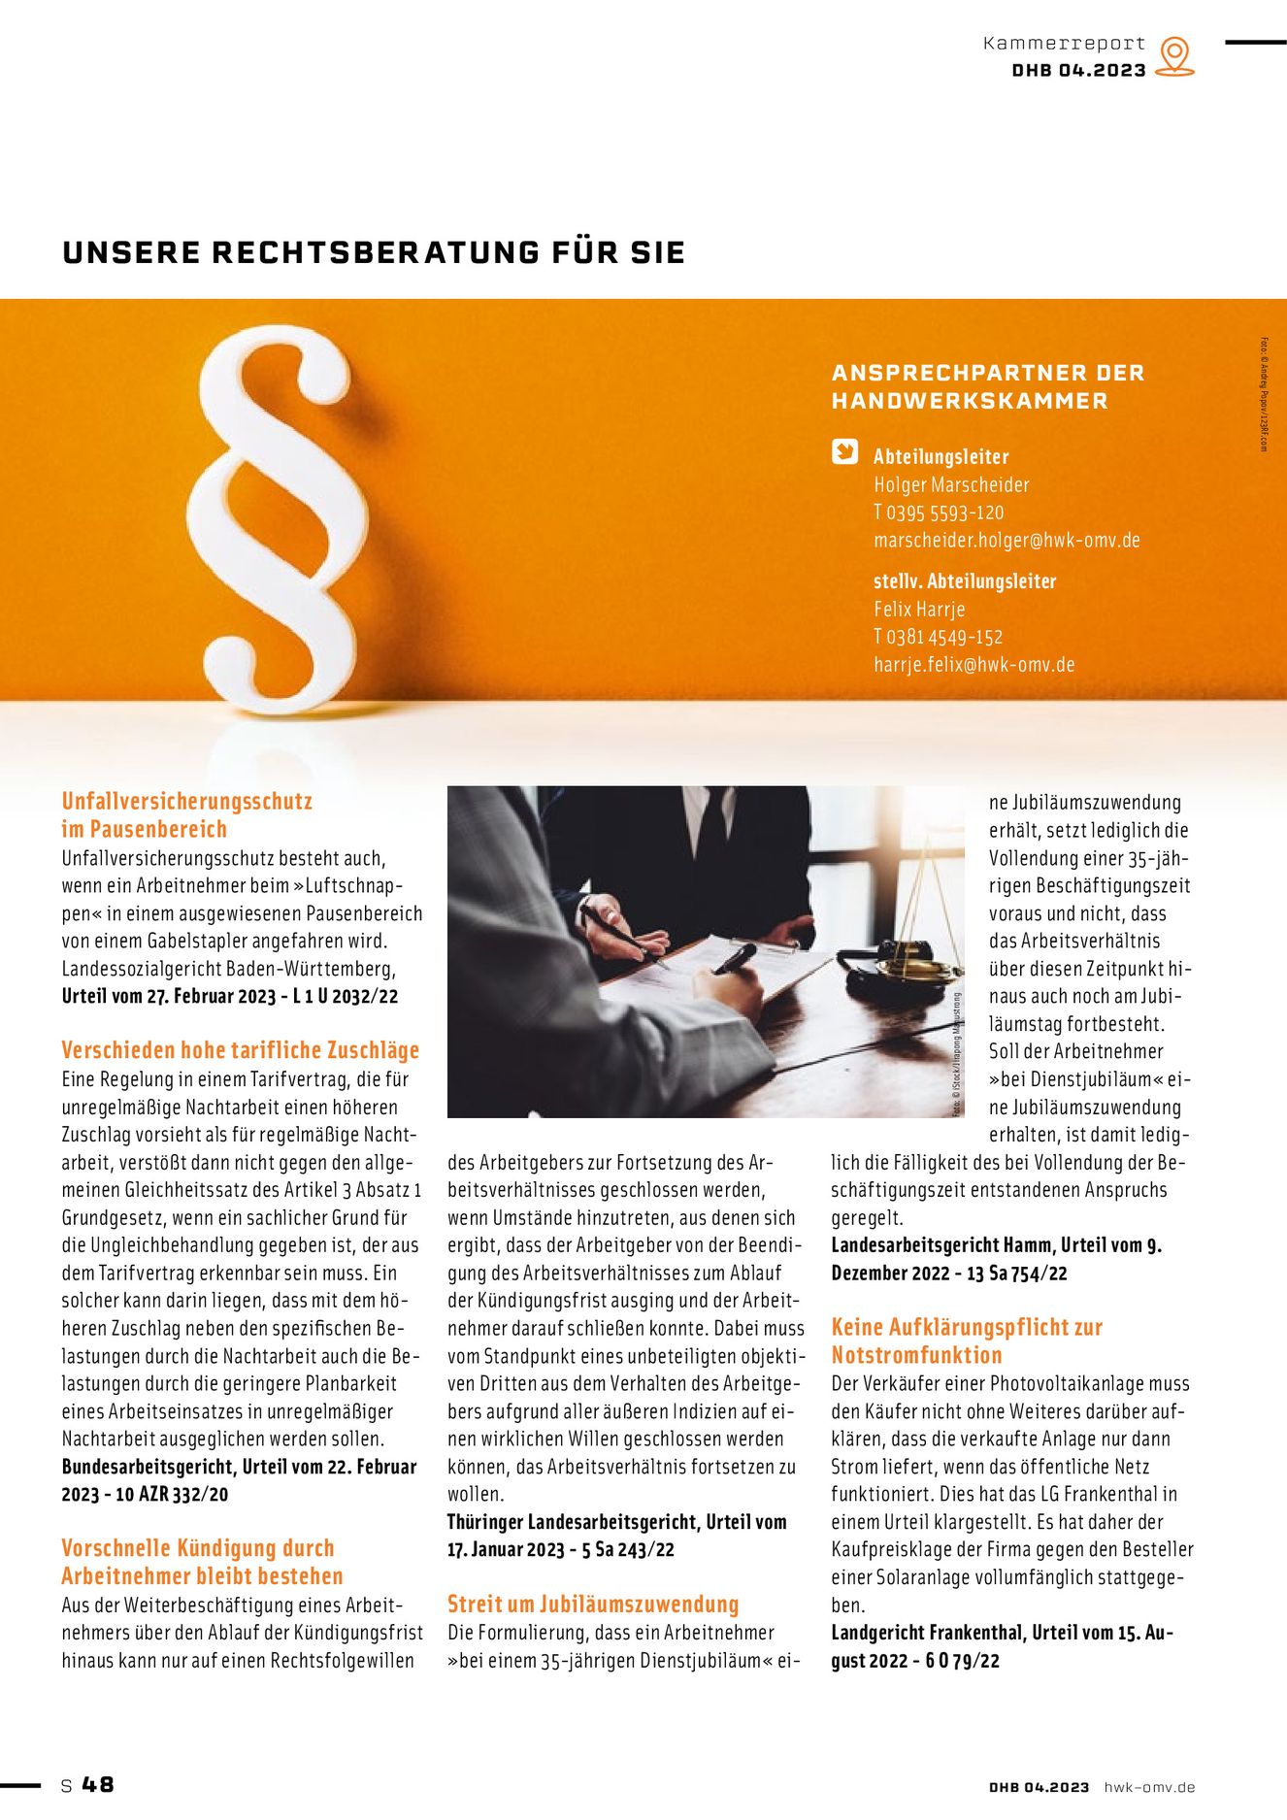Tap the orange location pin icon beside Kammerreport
pos(1175,55)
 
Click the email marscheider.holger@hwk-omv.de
pos(1006,540)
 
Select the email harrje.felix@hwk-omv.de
pos(973,665)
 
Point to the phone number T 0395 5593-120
pos(939,513)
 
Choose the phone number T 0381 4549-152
pos(938,637)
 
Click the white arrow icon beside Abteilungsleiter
pos(845,452)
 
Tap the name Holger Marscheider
pos(951,484)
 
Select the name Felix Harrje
pos(919,610)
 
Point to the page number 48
pos(98,1784)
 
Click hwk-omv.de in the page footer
pos(1149,1787)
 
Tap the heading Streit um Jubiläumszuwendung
pos(593,1605)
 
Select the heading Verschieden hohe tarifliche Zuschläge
pos(241,1050)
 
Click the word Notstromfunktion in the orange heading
pos(916,1355)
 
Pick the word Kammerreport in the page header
pos(1064,43)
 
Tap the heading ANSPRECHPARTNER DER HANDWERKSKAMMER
pos(988,386)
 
